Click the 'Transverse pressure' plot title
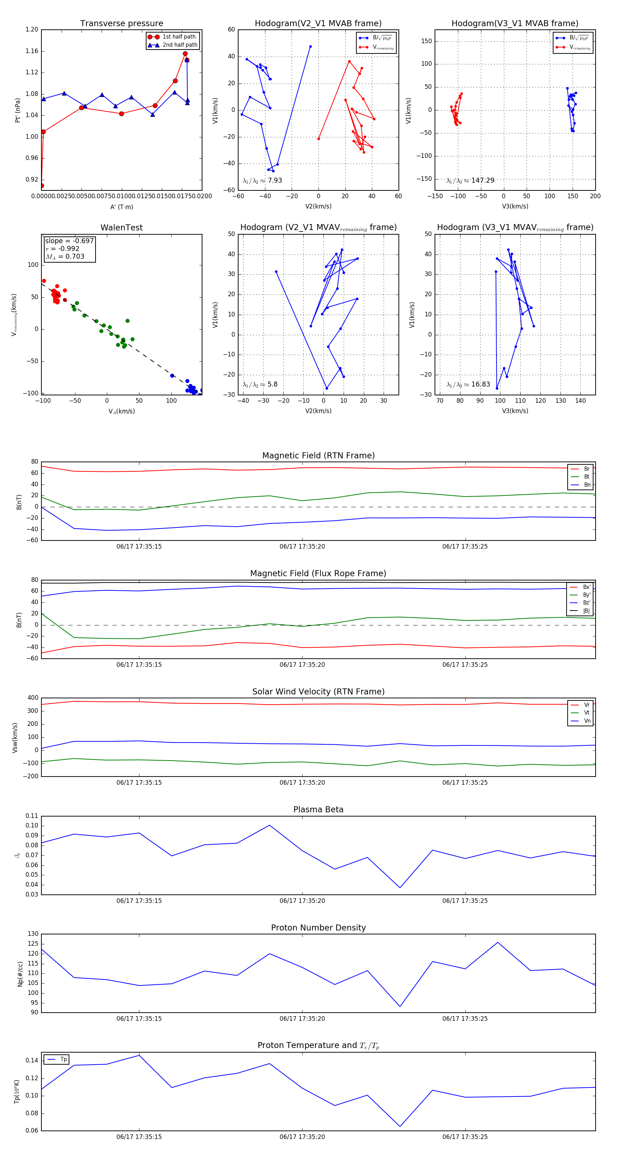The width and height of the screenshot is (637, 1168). (121, 24)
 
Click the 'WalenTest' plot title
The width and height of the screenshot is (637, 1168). (121, 228)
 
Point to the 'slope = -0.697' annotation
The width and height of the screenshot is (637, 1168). (69, 241)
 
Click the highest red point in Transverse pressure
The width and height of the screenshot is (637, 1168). (185, 54)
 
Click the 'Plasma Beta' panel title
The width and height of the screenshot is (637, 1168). (318, 809)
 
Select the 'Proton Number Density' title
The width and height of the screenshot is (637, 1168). (318, 928)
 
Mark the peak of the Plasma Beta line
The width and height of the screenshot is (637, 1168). (270, 825)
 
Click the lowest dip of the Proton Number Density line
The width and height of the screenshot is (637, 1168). (400, 1007)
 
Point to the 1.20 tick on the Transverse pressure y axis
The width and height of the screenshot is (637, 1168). (32, 29)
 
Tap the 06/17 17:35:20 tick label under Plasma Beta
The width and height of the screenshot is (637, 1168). (302, 900)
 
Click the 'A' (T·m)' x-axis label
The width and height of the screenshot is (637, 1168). (121, 207)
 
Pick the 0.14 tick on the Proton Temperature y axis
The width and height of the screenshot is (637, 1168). (32, 1060)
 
